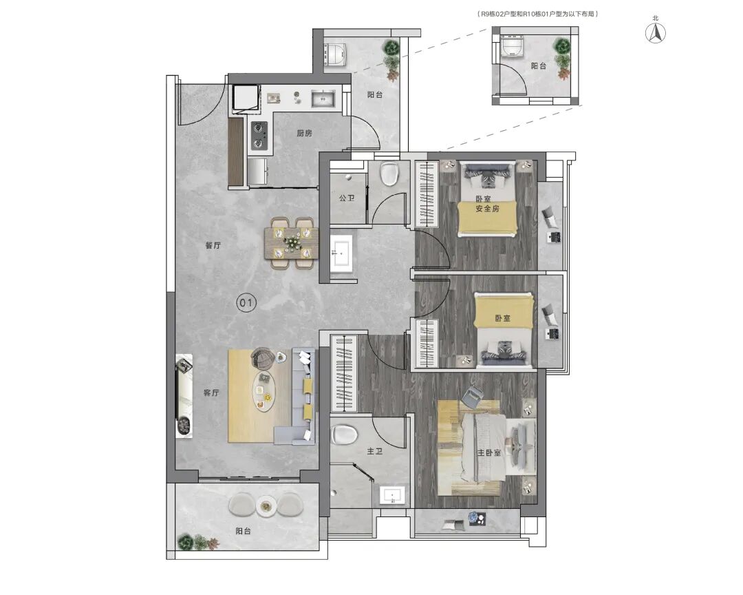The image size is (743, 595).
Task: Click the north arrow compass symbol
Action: coord(656,33)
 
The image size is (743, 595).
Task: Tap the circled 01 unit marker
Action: coord(246,303)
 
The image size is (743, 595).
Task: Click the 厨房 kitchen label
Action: coord(304,134)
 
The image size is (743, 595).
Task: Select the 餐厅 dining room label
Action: coord(213,245)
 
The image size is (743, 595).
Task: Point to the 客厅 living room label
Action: coord(211,393)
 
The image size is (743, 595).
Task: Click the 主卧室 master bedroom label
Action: coord(489,452)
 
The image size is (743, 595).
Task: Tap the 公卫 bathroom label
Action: coord(346,198)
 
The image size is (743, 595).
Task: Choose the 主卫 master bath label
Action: coord(374,451)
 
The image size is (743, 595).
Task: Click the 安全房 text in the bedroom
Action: coord(488,209)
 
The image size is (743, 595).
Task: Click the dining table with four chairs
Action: coord(290,243)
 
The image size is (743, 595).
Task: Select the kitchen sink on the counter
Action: coord(323,98)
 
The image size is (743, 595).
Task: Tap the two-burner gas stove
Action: coord(259,135)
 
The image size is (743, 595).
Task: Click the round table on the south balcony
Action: coord(266,506)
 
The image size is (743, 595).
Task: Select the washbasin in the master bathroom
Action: coord(393,496)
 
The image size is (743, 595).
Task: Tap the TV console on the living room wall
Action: coord(184,396)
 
